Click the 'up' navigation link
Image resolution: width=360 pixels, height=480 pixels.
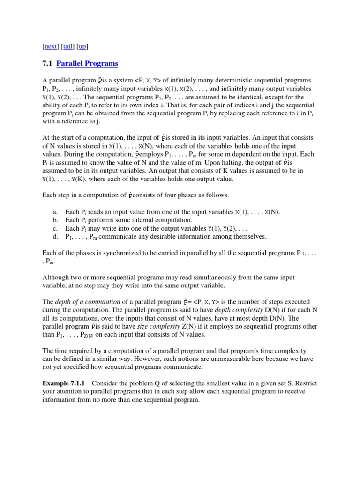tap(82, 46)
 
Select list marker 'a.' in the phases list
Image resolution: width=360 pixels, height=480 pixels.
tap(55, 212)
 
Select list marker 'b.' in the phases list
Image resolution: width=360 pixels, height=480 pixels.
tap(55, 220)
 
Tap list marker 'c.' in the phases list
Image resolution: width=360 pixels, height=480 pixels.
tap(55, 228)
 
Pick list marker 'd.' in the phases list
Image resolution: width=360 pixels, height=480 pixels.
tap(55, 237)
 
